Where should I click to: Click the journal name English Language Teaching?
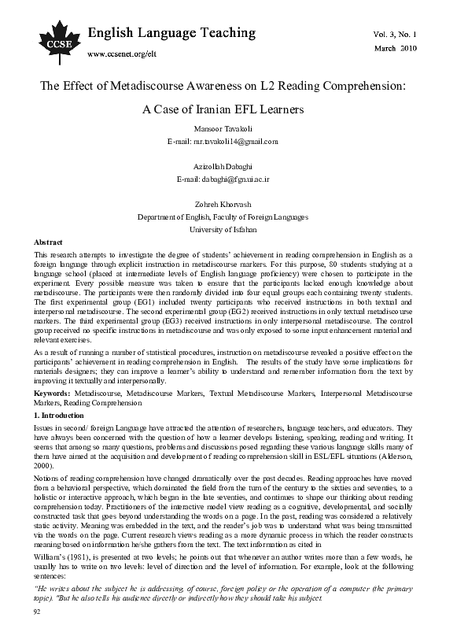click(x=171, y=33)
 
